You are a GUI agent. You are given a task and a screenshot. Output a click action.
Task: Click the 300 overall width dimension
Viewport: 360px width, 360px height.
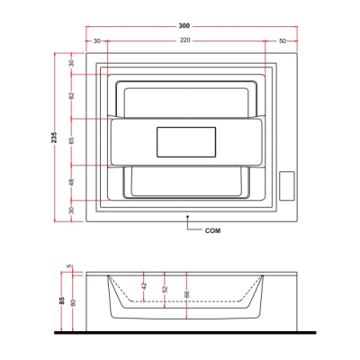(x=184, y=26)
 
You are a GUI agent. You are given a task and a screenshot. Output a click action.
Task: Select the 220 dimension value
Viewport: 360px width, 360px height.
(x=185, y=40)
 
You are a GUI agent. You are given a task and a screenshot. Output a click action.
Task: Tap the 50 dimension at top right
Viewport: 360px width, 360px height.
(x=283, y=41)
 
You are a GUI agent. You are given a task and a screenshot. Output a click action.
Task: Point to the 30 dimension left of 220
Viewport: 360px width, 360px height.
(x=96, y=41)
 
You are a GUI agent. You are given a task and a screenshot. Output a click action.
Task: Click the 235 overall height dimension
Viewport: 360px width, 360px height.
(x=54, y=137)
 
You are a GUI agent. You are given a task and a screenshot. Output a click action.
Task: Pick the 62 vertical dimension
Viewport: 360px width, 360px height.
(x=71, y=96)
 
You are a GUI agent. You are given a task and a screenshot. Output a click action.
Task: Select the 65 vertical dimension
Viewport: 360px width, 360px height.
(x=71, y=140)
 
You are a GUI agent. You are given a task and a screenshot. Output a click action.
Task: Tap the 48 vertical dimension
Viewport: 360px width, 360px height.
(x=71, y=182)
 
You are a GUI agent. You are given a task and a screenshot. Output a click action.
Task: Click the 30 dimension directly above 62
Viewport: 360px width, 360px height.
(x=71, y=63)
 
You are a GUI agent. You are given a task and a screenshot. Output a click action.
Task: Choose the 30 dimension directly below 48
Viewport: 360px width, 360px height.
(x=71, y=211)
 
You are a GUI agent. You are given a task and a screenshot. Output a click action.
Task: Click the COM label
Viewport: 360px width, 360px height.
(x=212, y=230)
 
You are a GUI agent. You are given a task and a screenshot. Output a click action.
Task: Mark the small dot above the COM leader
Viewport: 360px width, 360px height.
(x=187, y=216)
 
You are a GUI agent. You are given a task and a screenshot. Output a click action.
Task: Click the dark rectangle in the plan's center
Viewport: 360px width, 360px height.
(x=186, y=142)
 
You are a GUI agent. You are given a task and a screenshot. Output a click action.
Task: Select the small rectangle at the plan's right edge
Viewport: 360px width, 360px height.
(x=287, y=185)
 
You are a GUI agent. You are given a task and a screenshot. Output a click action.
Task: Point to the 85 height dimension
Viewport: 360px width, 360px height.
(x=62, y=301)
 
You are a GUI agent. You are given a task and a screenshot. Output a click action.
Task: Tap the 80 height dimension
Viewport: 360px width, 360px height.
(x=74, y=302)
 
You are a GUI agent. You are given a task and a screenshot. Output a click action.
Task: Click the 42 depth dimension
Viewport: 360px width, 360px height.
(x=144, y=285)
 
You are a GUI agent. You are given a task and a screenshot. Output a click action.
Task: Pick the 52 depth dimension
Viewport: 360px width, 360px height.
(x=165, y=289)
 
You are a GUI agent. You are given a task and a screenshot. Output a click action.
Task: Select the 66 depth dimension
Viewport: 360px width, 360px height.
(x=186, y=294)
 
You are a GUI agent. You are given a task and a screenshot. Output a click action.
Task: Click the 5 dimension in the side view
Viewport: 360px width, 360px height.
(x=69, y=266)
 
